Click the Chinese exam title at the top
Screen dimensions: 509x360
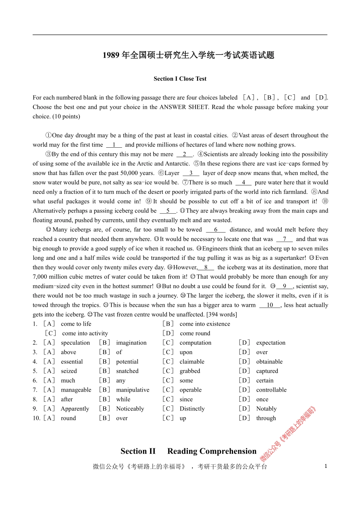(x=188, y=55)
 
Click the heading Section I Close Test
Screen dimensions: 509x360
(x=180, y=79)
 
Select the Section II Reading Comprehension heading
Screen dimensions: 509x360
(x=188, y=451)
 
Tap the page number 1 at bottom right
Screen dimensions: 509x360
(x=326, y=466)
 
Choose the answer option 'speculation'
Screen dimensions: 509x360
(x=75, y=343)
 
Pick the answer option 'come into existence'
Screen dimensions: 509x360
(x=205, y=324)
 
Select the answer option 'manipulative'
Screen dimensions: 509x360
(x=133, y=390)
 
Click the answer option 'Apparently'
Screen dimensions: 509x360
(x=75, y=409)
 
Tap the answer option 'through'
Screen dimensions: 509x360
(x=266, y=418)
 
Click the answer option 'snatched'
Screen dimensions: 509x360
(x=127, y=371)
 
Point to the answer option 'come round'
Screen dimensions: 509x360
(x=195, y=333)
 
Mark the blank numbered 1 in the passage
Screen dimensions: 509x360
(x=114, y=145)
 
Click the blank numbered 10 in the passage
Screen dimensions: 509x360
(x=270, y=305)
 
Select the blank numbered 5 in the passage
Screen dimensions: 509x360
(x=168, y=211)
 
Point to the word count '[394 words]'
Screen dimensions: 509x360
(x=222, y=314)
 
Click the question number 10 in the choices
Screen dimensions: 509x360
(x=36, y=418)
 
